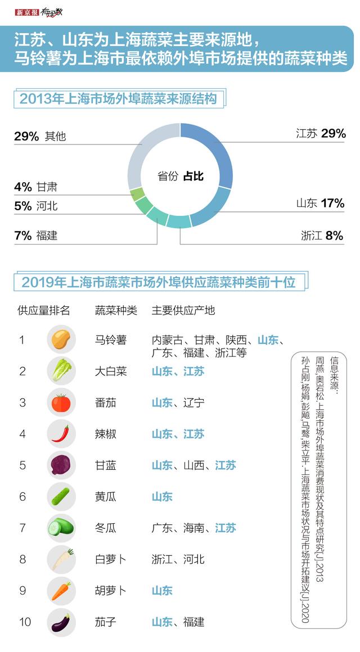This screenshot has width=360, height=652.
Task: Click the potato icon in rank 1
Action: click(x=61, y=339)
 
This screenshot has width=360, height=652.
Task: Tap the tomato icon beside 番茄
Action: click(x=61, y=402)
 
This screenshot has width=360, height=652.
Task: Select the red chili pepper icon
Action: click(x=61, y=433)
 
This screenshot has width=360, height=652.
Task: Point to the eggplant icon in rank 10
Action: click(x=61, y=622)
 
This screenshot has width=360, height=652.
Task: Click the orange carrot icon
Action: click(x=61, y=591)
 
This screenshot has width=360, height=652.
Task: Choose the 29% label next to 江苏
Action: click(x=334, y=134)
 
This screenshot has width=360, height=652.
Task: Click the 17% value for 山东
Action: click(x=332, y=203)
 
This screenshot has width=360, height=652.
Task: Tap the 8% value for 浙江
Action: click(x=334, y=236)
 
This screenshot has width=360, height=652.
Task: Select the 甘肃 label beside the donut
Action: click(x=47, y=187)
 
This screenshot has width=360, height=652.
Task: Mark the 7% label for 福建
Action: click(x=23, y=236)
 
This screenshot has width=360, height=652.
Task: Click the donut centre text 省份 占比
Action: click(x=180, y=176)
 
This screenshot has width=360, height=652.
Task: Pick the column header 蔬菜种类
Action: click(x=116, y=310)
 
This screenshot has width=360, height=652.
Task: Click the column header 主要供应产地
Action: click(x=183, y=310)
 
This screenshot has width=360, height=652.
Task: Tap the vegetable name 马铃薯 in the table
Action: click(x=111, y=340)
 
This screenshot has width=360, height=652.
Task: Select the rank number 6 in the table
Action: click(x=22, y=496)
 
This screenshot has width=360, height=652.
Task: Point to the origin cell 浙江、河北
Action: click(x=178, y=559)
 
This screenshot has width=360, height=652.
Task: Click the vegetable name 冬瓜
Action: click(x=106, y=528)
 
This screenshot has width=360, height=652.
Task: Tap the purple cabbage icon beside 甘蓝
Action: click(x=61, y=465)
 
